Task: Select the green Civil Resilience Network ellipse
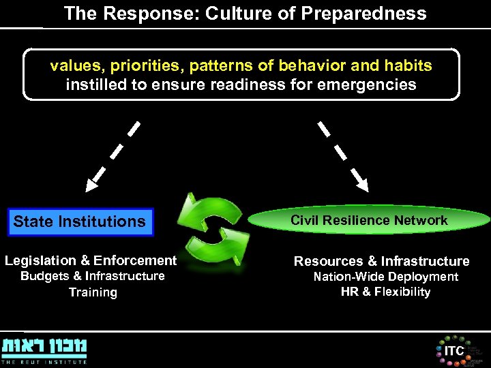369,220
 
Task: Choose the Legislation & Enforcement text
91,260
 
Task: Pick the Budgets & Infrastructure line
93,276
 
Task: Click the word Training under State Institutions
93,292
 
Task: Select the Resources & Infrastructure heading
381,261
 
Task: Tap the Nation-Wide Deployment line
385,277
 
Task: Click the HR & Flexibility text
385,292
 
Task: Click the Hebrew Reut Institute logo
44,350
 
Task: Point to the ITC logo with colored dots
453,350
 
